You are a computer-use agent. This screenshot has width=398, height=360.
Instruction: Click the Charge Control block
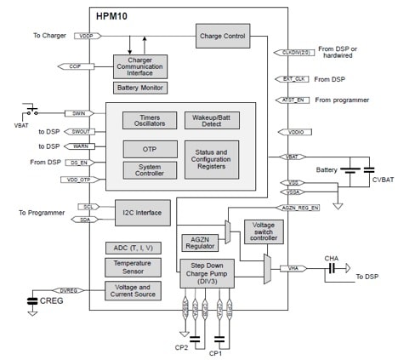[x=224, y=37]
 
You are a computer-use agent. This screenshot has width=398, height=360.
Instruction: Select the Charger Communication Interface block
[x=139, y=66]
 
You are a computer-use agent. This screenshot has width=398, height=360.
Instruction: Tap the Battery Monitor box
[x=139, y=88]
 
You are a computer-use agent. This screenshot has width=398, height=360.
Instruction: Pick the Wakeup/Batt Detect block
[x=211, y=120]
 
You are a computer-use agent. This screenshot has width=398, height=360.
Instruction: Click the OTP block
[x=149, y=147]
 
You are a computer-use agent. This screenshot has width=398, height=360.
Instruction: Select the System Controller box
[x=149, y=170]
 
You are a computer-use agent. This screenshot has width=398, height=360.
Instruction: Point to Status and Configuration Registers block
[x=211, y=159]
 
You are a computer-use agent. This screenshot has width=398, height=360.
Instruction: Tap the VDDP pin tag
[x=86, y=37]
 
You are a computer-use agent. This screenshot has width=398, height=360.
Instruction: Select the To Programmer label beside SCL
[x=35, y=211]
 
